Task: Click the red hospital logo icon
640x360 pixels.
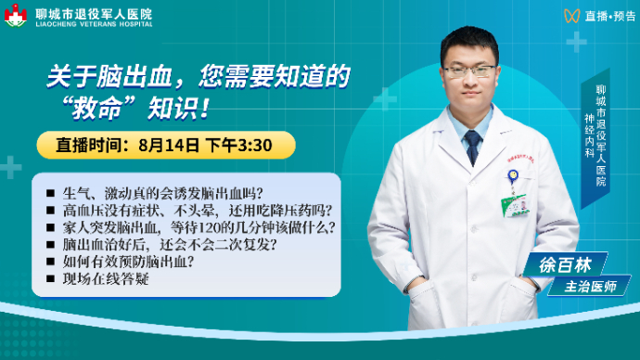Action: click(16, 16)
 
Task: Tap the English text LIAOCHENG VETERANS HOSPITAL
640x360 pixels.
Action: click(94, 24)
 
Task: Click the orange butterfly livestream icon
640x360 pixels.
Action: click(572, 16)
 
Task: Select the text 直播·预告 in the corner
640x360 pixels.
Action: click(610, 16)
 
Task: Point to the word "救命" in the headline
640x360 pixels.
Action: click(97, 109)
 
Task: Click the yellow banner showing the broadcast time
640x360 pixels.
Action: click(166, 145)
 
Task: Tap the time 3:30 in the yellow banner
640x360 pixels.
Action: click(255, 146)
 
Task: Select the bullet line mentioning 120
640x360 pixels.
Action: click(198, 227)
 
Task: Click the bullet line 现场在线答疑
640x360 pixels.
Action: click(106, 278)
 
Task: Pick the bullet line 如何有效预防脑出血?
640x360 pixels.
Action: click(128, 262)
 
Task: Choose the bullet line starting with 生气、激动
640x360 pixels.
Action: click(162, 193)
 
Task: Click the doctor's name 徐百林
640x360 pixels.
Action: click(565, 265)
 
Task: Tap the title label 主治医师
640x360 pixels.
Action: click(590, 287)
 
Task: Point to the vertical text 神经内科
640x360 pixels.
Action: click(589, 135)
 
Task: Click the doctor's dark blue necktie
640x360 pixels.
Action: click(473, 148)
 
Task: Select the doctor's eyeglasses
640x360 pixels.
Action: click(470, 71)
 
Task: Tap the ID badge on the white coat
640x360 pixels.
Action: click(515, 206)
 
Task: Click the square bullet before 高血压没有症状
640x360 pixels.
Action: click(51, 211)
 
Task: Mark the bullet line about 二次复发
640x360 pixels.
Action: click(170, 245)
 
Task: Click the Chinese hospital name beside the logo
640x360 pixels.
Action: click(94, 14)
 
